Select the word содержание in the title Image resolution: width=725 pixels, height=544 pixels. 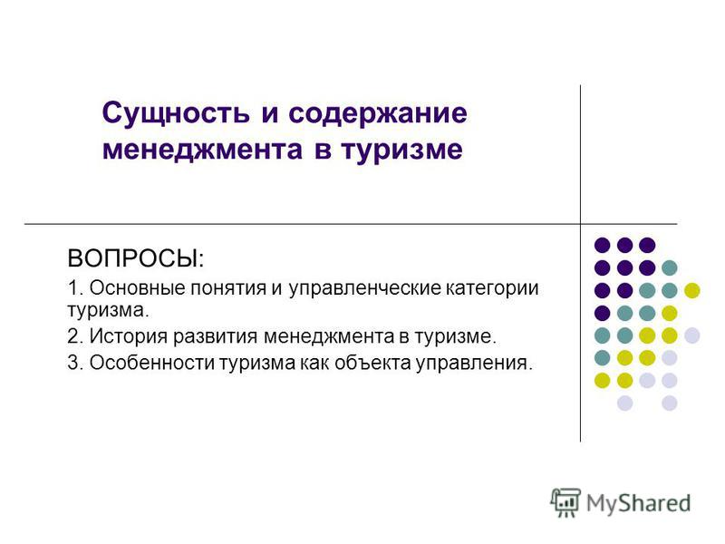click(x=378, y=113)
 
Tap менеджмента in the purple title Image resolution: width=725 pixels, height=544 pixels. click(x=202, y=150)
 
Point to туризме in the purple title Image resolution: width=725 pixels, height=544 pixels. click(x=401, y=151)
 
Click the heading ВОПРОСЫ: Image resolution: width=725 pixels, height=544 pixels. click(x=135, y=258)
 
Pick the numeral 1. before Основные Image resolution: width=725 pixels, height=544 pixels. click(x=75, y=287)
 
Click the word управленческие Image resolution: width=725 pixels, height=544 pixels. click(x=365, y=288)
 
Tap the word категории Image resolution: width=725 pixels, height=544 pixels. click(x=492, y=288)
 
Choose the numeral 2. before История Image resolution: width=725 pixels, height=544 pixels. click(x=75, y=335)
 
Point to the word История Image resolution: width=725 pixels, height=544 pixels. click(x=128, y=335)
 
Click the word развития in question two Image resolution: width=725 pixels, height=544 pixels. click(x=215, y=336)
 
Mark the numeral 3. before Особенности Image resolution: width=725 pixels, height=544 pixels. click(x=75, y=363)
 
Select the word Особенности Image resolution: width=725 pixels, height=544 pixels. click(x=151, y=363)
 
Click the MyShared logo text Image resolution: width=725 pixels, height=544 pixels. click(x=638, y=503)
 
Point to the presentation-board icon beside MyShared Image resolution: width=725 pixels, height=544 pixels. click(x=565, y=502)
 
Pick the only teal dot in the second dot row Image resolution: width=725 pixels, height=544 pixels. click(x=670, y=267)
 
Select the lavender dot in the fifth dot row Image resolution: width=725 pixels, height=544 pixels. click(x=692, y=335)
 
